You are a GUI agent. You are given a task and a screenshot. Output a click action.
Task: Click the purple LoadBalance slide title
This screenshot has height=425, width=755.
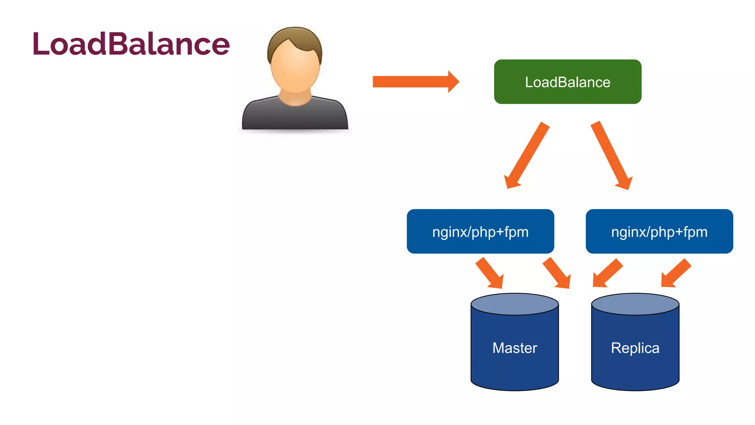pos(131,44)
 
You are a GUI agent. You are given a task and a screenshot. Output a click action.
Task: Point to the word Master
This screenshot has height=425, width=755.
pos(515,348)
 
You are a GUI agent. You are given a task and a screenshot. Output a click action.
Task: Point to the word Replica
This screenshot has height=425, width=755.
pos(635,348)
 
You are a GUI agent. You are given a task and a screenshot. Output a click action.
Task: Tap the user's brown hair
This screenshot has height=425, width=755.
pos(295,37)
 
